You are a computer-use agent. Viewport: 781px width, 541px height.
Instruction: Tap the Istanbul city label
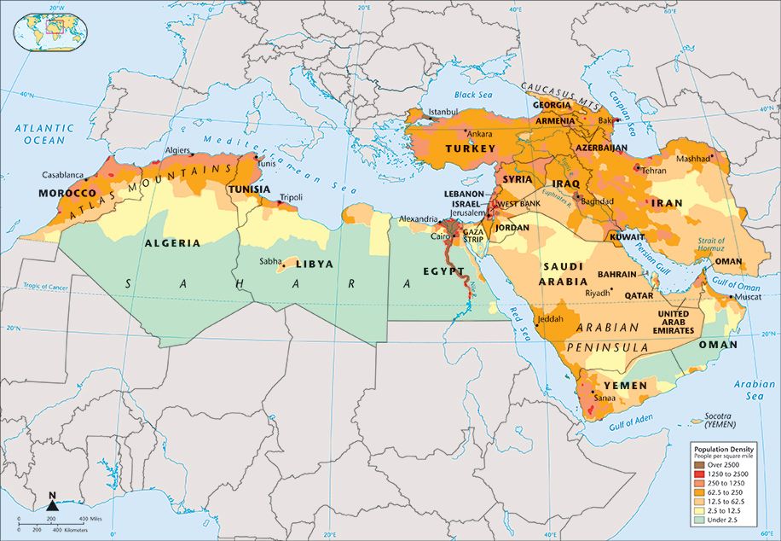tap(443, 112)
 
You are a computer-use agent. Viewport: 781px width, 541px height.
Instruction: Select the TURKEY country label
tap(470, 148)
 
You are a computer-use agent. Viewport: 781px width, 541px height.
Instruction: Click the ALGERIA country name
tap(172, 243)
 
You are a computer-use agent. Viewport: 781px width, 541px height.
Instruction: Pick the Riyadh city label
tap(597, 293)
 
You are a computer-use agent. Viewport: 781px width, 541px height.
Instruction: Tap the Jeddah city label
tap(551, 319)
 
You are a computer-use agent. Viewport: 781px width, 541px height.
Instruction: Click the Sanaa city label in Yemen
tap(604, 398)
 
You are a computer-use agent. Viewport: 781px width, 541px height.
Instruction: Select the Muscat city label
tap(747, 297)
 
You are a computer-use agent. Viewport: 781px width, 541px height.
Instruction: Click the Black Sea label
tap(475, 95)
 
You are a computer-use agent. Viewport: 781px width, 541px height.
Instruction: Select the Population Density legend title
tap(724, 449)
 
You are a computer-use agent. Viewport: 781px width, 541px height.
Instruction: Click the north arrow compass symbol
tap(52, 504)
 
